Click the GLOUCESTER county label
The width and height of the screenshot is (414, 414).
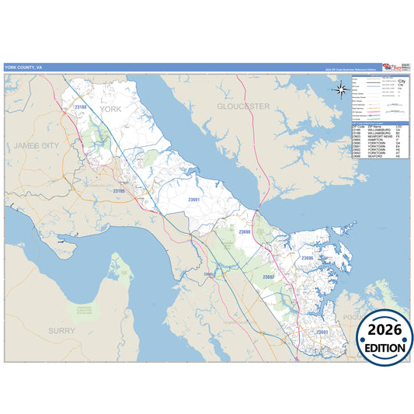tap(242, 106)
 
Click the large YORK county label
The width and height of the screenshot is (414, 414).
tap(111, 110)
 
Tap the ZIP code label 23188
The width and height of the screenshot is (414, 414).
tap(81, 106)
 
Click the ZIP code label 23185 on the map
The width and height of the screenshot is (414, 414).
tap(120, 190)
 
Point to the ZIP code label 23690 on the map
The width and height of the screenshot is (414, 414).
tap(244, 231)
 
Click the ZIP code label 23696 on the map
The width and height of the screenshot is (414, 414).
tap(307, 257)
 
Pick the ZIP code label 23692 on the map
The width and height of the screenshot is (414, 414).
tap(268, 277)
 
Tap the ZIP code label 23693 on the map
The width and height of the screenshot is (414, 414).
tap(321, 332)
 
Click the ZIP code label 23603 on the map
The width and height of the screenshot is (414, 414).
tap(208, 274)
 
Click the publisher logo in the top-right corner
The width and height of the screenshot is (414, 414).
tap(394, 68)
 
